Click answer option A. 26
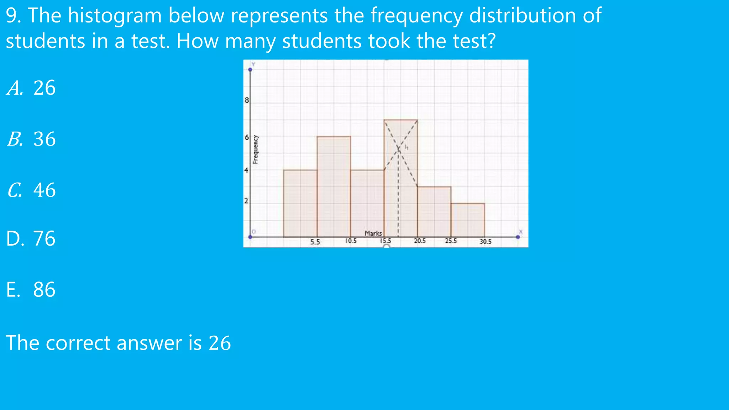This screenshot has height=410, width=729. [x=31, y=88]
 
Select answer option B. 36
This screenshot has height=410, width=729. [x=31, y=139]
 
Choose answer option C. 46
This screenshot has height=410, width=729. [x=31, y=190]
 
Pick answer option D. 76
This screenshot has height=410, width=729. [x=31, y=238]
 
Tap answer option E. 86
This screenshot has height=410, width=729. [x=31, y=289]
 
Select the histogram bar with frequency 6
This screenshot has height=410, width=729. [x=334, y=186]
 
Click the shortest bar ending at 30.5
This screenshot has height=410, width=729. [x=467, y=220]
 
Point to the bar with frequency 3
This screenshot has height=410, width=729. [x=434, y=211]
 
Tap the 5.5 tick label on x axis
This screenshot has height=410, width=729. [x=315, y=242]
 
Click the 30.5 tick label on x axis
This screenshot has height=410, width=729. [x=485, y=242]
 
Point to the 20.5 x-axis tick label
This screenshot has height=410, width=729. [x=420, y=241]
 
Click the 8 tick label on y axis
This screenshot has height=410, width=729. [x=247, y=100]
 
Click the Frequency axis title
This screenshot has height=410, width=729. [x=255, y=150]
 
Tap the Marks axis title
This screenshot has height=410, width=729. [x=373, y=233]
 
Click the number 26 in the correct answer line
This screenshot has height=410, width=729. [x=220, y=343]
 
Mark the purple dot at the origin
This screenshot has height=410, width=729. [x=250, y=237]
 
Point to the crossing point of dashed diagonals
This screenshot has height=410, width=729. [x=399, y=149]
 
